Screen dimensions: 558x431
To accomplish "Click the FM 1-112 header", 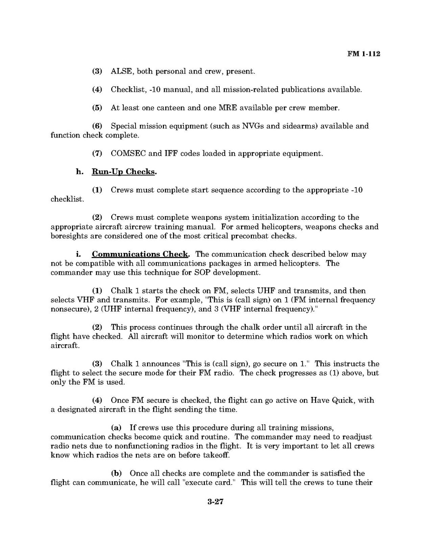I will pos(364,54).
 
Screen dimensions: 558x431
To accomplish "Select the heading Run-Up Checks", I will pos(123,172).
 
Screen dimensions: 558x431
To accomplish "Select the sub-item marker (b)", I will pos(116,474).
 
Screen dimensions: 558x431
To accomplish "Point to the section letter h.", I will pos(79,172).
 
